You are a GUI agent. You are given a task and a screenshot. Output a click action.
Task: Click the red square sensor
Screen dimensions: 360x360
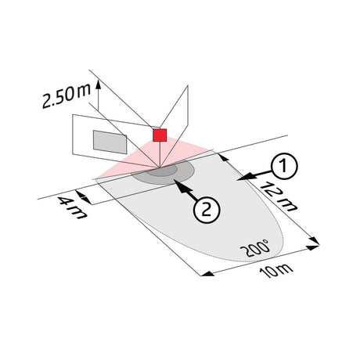160,135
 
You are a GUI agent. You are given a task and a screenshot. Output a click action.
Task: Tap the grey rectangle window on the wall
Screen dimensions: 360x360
110,142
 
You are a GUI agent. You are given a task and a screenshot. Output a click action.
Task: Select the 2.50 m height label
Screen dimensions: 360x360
67,95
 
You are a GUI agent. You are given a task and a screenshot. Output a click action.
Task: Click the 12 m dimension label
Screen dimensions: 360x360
279,196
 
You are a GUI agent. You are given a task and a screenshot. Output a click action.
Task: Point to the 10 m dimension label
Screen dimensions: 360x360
276,271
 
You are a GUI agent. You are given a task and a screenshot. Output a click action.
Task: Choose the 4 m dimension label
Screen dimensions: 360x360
72,208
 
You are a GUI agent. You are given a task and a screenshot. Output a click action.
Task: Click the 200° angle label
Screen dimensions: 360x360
255,247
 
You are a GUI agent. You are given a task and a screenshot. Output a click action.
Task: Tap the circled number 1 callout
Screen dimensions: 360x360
284,166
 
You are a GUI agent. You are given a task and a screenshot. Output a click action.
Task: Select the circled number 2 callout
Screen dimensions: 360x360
207,210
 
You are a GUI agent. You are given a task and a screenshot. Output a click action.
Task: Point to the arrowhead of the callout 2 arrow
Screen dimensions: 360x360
177,183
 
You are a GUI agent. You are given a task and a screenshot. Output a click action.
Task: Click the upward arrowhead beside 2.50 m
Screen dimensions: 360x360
99,84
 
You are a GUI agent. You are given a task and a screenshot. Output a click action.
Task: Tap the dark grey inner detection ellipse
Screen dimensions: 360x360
161,171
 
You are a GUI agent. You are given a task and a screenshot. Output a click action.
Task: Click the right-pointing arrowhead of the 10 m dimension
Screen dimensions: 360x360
313,247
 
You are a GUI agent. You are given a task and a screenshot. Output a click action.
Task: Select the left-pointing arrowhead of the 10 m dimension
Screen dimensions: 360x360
207,274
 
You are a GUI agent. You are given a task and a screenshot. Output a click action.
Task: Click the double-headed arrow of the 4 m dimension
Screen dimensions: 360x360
84,197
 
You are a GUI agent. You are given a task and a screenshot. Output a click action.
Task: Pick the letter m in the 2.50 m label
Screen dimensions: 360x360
84,90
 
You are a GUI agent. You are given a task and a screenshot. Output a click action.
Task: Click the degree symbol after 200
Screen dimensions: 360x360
267,242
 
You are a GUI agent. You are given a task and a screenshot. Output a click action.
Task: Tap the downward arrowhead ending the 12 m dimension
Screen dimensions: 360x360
315,240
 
